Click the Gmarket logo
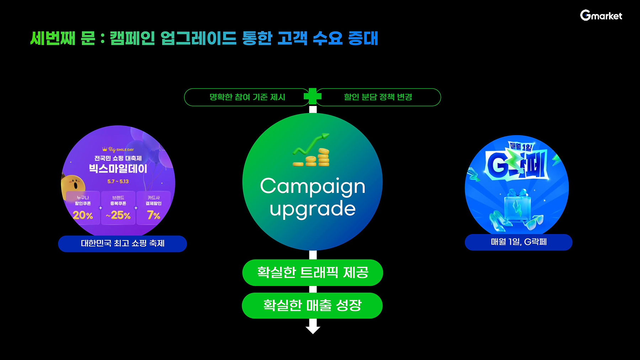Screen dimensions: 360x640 tap(601, 15)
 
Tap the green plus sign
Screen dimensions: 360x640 tap(313, 96)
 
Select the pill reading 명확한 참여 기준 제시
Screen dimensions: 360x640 tap(247, 97)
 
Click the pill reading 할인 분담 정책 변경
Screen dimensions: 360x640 tap(378, 97)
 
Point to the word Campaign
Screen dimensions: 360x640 tap(313, 186)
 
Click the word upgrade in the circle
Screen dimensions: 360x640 tap(313, 209)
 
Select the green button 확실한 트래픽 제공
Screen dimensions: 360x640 tap(313, 272)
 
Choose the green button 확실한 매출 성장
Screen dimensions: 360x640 tap(312, 306)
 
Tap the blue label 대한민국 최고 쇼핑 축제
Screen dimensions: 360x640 tap(122, 244)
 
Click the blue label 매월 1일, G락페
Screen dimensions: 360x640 tap(518, 242)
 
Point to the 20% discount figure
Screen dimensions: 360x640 tap(83, 215)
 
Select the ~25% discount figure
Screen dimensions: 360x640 tap(118, 215)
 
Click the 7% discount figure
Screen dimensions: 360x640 tap(154, 215)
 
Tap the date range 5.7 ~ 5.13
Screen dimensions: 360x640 tap(118, 181)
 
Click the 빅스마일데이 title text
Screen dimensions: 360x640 tap(118, 169)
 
